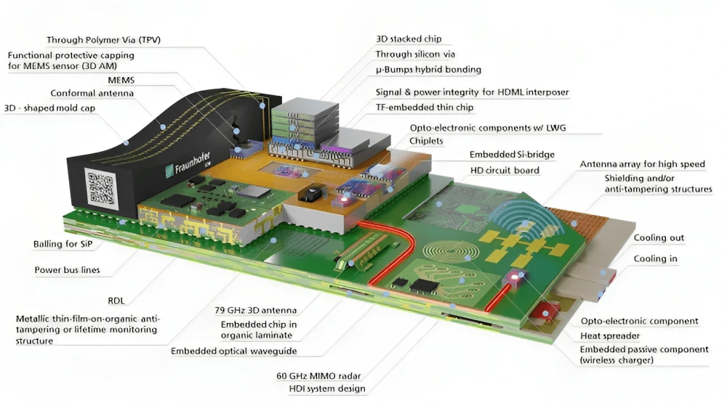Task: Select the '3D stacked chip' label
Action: click(x=408, y=39)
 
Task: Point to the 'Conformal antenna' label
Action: click(x=92, y=93)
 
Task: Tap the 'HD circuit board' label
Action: click(x=505, y=170)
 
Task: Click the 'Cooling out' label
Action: click(x=659, y=238)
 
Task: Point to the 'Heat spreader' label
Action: click(x=610, y=336)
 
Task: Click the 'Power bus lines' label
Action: click(x=67, y=270)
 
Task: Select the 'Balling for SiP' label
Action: click(x=67, y=244)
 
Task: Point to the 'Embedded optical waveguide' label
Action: click(x=233, y=351)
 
